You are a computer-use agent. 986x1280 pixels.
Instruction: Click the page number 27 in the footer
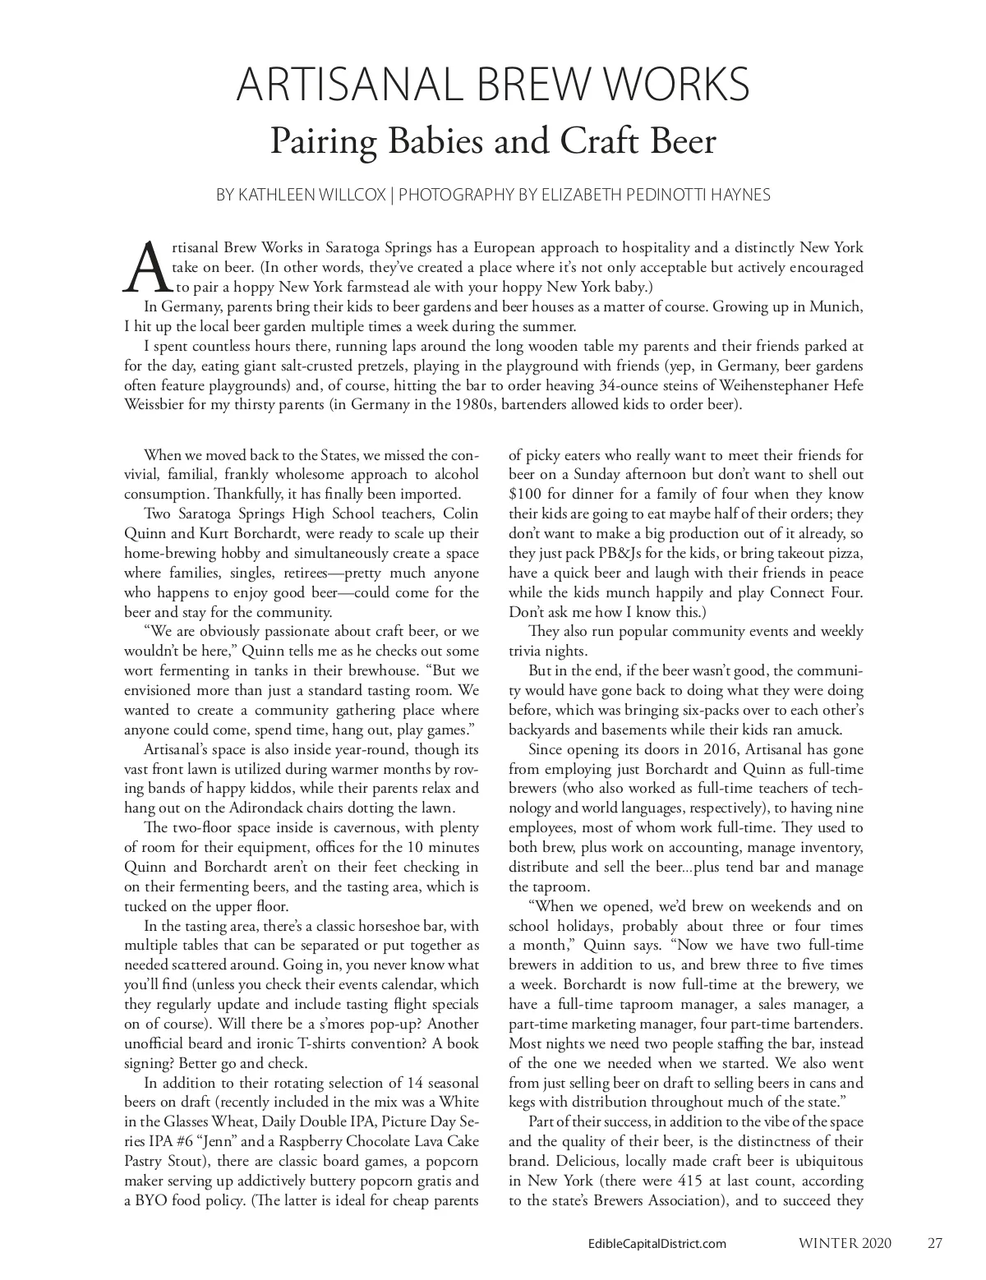(x=935, y=1243)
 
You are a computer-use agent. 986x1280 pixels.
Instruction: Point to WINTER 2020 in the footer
(x=845, y=1243)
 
